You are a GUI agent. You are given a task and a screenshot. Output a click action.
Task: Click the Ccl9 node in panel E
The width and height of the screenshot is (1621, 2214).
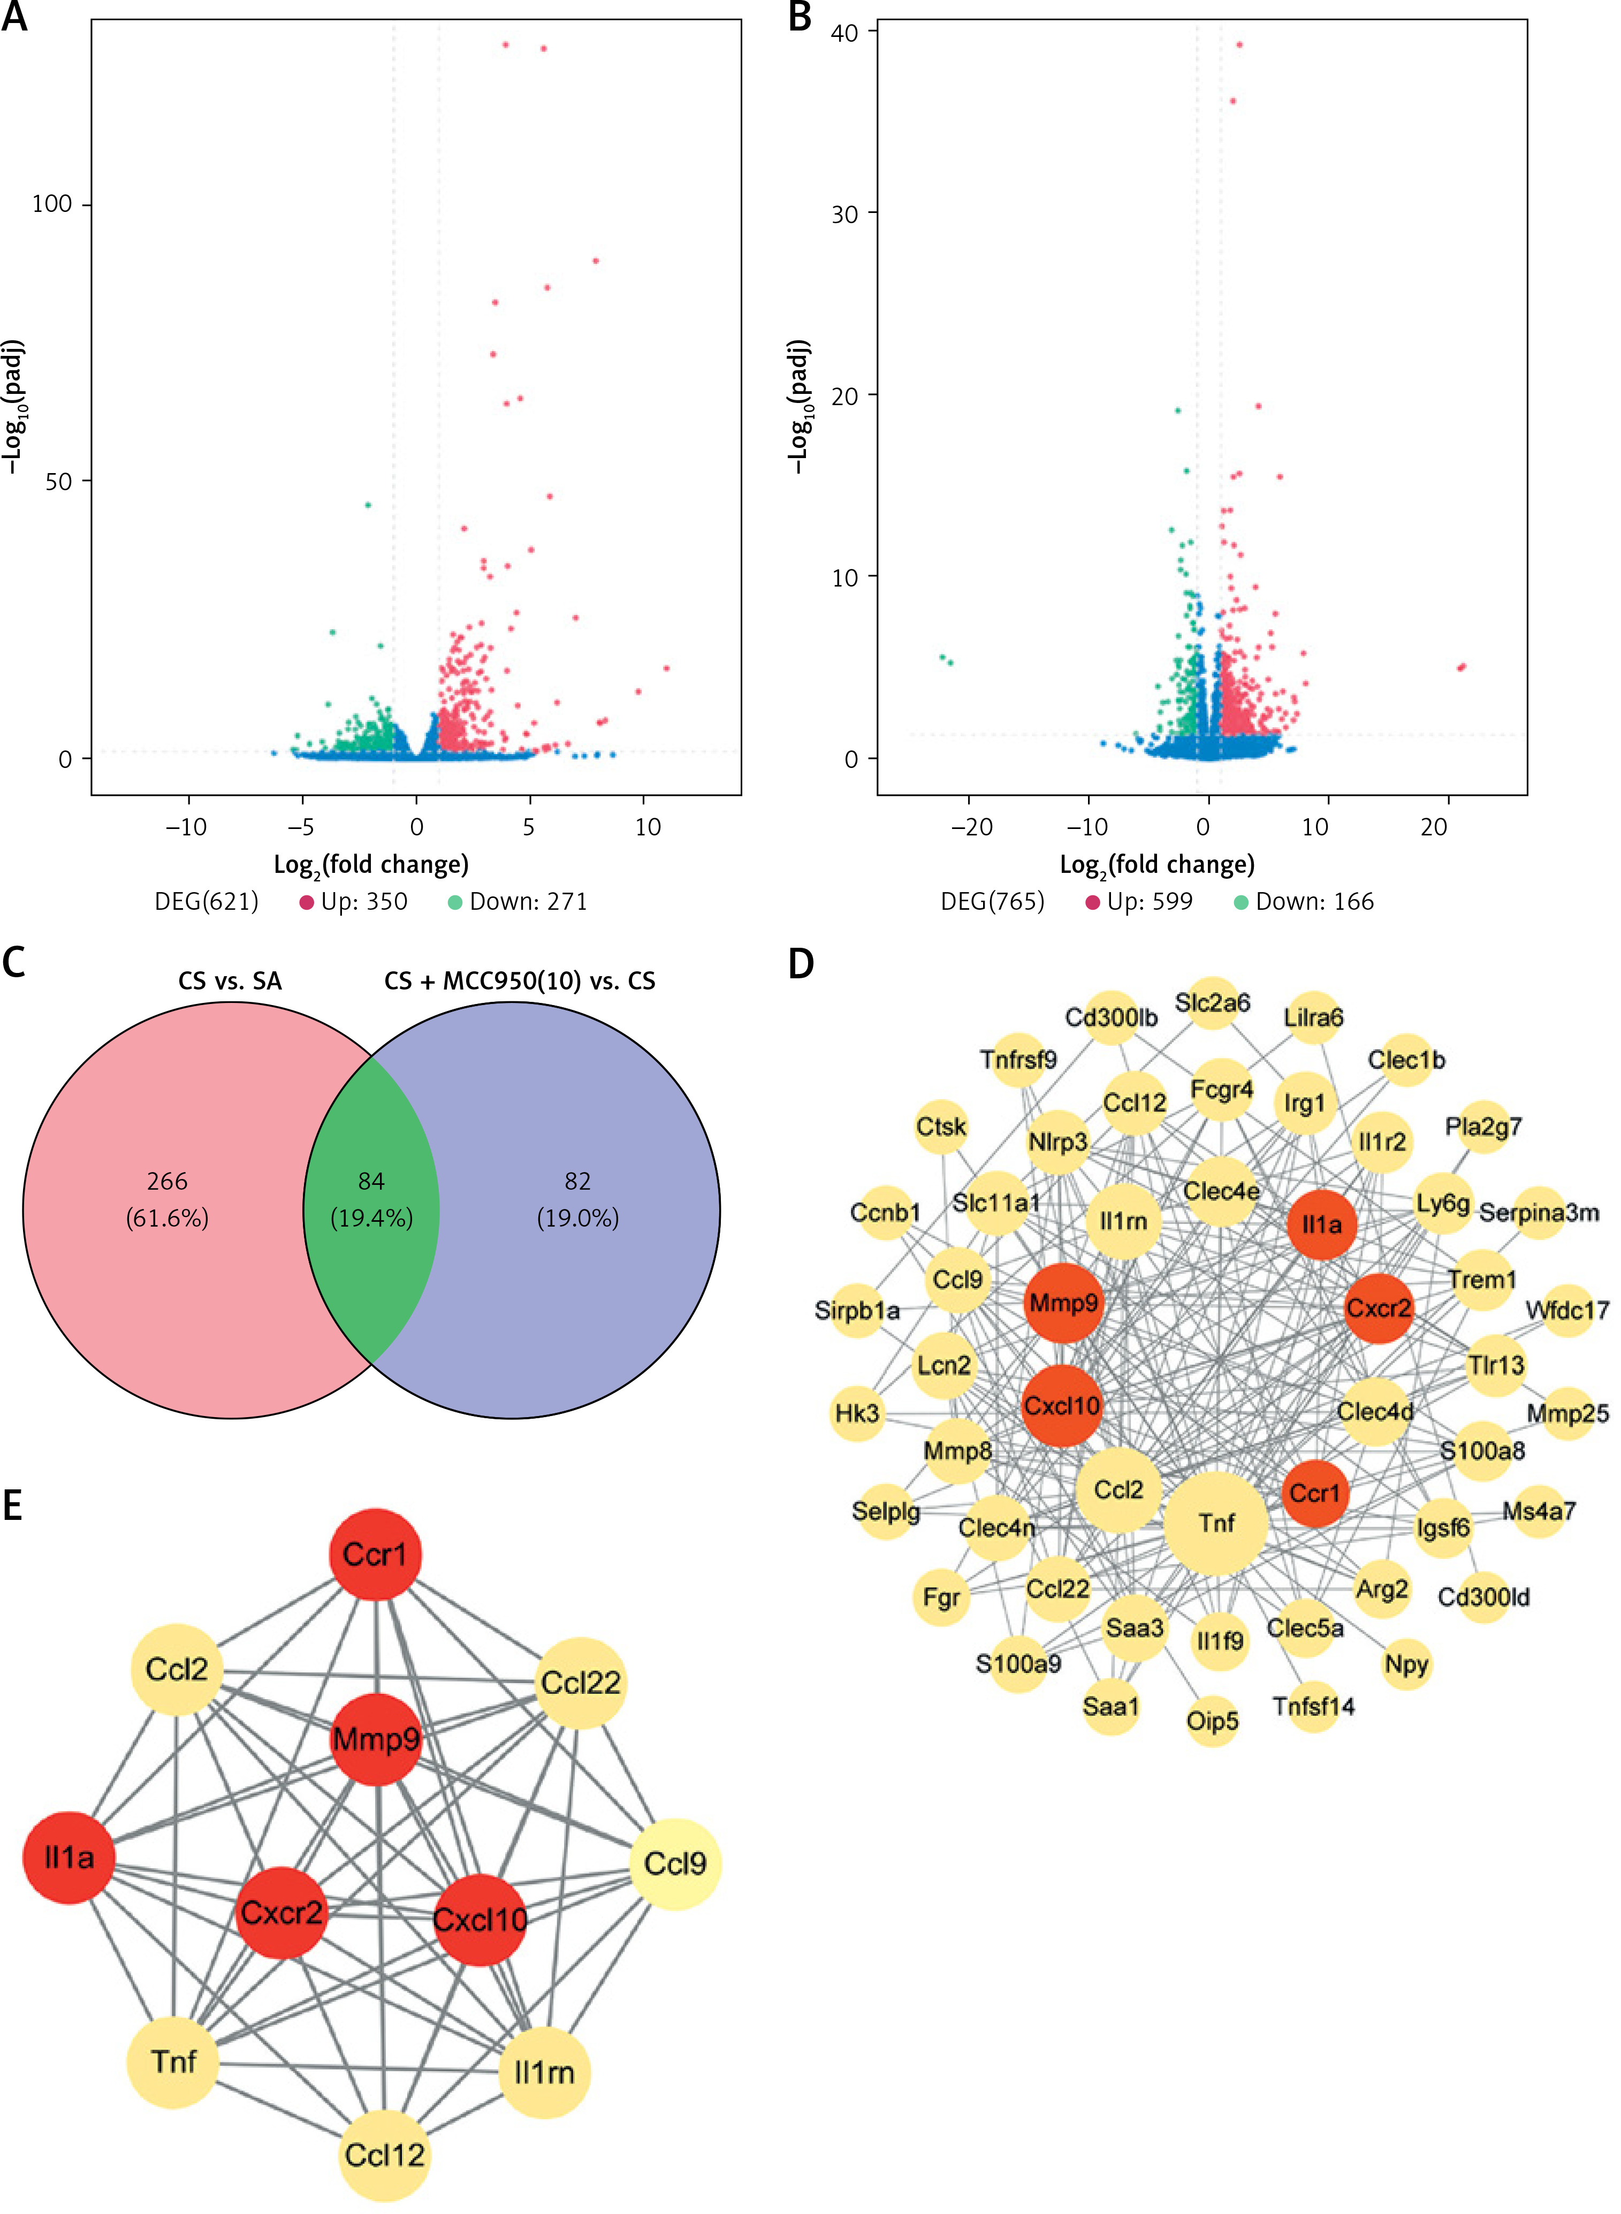click(674, 1863)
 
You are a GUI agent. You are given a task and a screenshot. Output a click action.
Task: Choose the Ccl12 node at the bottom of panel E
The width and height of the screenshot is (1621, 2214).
click(384, 2155)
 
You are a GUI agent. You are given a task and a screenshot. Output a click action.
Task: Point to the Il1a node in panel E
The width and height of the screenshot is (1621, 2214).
click(69, 1857)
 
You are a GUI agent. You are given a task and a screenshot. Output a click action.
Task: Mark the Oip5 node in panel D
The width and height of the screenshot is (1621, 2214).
click(1213, 1721)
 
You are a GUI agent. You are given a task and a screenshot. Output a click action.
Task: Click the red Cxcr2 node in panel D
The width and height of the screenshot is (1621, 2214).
click(1379, 1308)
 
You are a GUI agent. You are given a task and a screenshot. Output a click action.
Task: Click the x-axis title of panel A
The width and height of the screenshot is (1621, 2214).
click(371, 865)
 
